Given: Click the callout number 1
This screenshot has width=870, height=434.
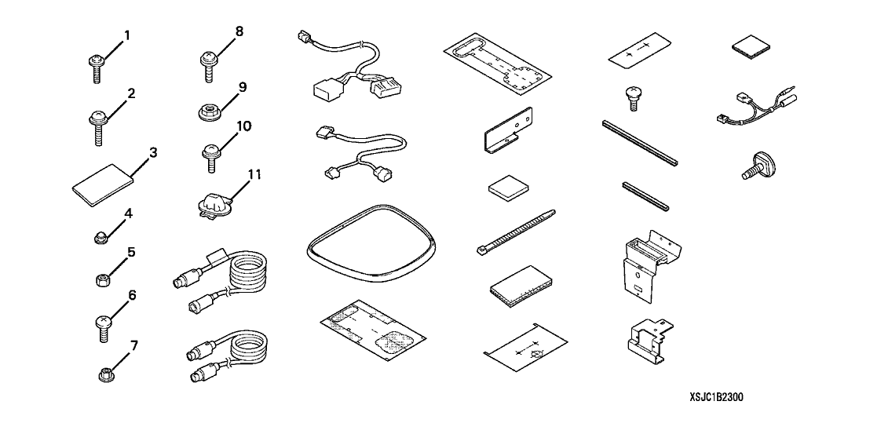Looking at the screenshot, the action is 127,36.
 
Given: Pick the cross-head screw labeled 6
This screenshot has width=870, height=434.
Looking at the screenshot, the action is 104,327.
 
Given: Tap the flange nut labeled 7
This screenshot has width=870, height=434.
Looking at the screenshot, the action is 104,375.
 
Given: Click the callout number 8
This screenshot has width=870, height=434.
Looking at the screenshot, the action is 239,31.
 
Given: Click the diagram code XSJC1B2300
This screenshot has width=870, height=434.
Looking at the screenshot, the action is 716,397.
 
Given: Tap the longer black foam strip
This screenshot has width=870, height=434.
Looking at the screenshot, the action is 640,143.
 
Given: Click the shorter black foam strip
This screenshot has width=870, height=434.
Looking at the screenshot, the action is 646,196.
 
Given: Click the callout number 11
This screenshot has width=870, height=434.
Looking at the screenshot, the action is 254,175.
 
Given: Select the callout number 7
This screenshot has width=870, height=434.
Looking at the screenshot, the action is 133,346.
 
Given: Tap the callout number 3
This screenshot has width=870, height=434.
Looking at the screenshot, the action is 152,152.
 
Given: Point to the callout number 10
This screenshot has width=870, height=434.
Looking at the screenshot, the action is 243,126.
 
